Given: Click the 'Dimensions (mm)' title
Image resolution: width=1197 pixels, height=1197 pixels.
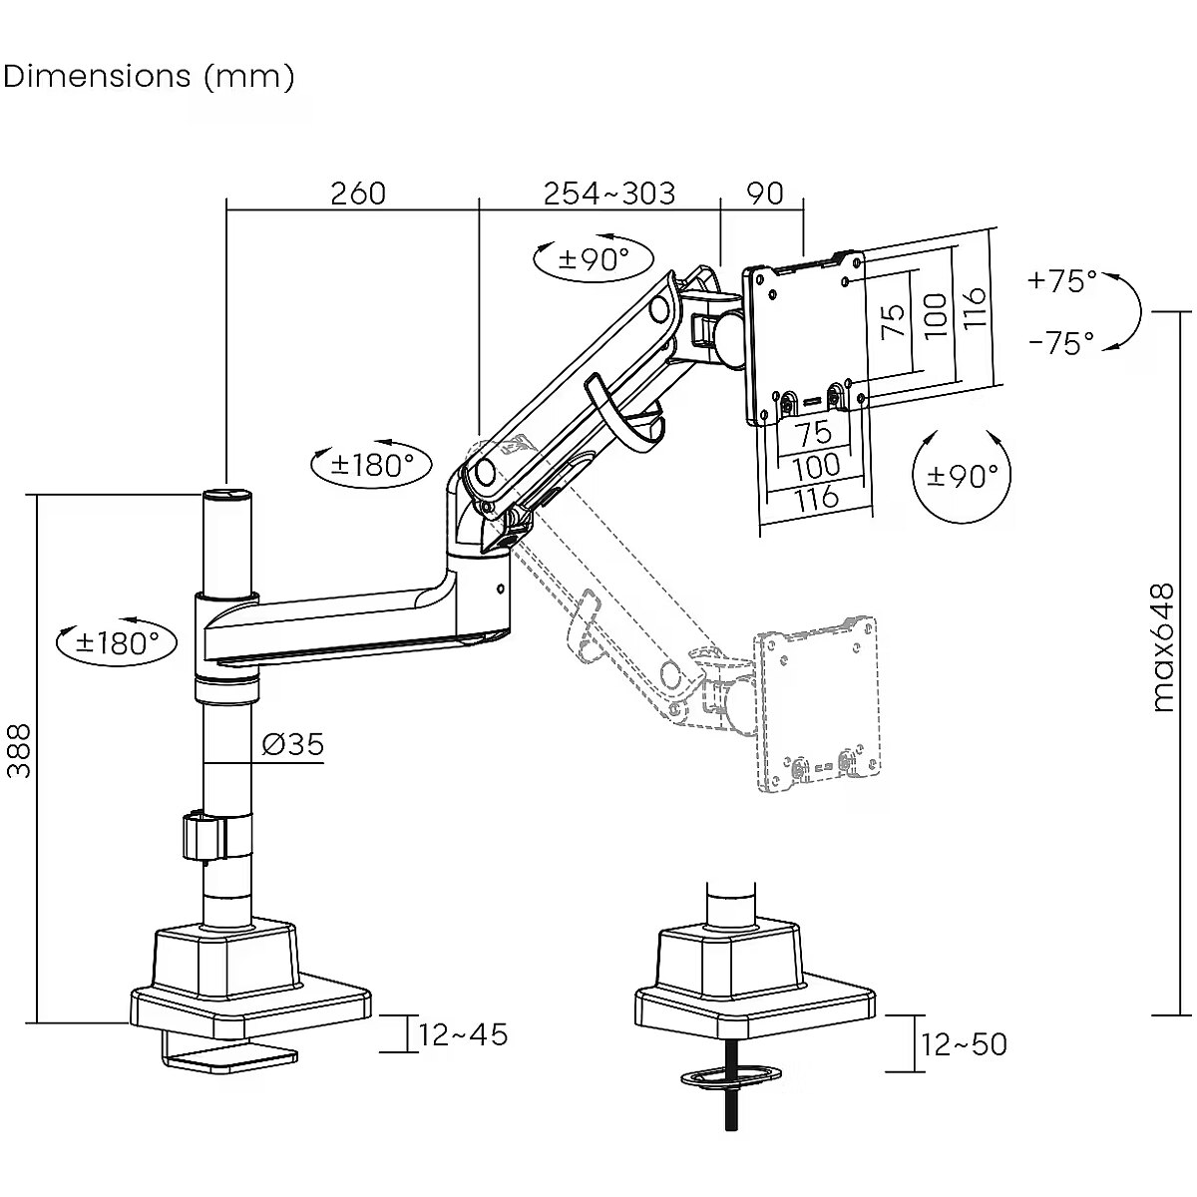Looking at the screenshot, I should coord(149,76).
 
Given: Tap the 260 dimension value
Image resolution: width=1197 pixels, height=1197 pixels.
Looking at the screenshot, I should coord(357,193).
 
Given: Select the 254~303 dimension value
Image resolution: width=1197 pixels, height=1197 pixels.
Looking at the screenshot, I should coord(608,193).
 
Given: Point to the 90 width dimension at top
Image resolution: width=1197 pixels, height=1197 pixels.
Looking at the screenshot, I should coord(765,193).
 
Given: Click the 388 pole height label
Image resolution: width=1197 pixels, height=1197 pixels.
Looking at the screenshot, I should coord(19,750).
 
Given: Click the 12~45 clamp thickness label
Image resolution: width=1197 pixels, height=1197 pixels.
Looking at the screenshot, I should coord(464,1034).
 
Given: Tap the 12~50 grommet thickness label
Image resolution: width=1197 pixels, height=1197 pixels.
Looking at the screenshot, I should coord(965,1044).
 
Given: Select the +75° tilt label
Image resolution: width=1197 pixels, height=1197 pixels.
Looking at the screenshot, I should coord(1061,281).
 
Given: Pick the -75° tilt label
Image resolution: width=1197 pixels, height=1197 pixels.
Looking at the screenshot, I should coord(1061,343).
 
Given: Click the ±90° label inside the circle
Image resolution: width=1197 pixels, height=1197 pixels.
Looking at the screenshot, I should coord(962,477).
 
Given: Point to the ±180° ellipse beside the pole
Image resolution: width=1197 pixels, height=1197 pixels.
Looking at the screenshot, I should coord(118,642).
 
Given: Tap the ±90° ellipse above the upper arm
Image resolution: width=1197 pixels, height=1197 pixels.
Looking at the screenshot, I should coord(594,259).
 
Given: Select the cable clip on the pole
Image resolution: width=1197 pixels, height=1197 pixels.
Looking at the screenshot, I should coord(202,837).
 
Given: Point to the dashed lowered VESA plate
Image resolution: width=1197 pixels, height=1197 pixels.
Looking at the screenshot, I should coord(818,703).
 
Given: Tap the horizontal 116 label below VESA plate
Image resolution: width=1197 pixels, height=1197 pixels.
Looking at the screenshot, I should coord(816,497).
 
